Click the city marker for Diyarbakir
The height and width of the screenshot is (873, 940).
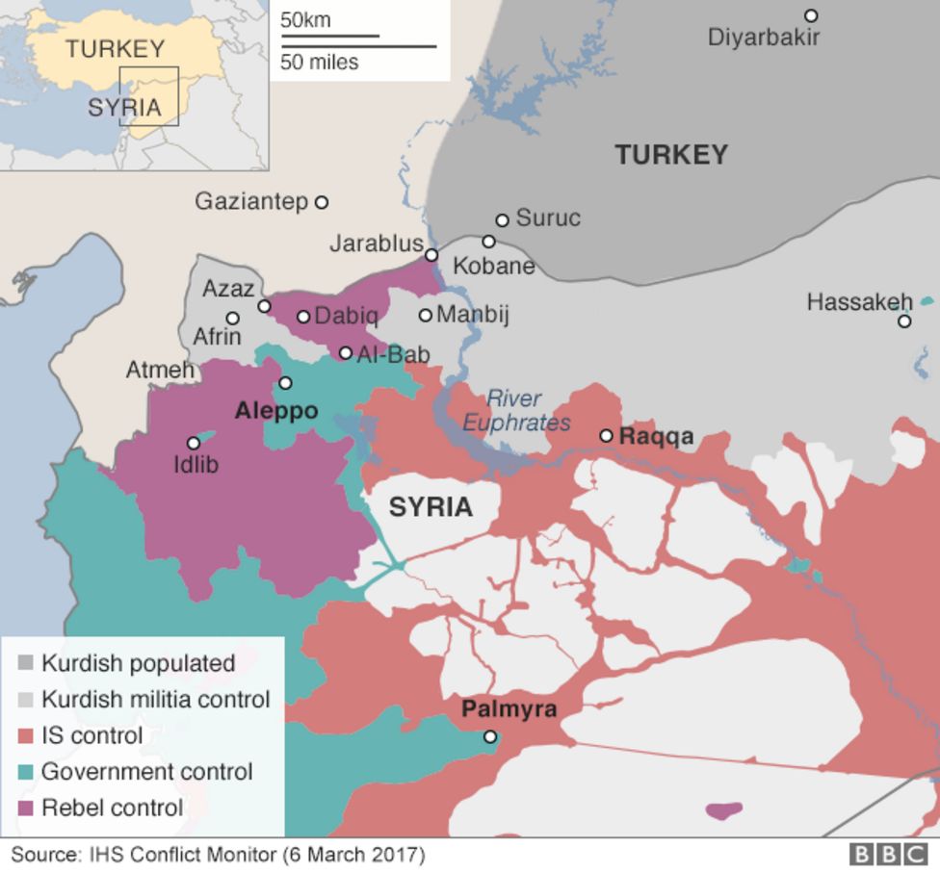[x=811, y=15]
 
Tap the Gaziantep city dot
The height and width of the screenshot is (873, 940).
[x=322, y=202]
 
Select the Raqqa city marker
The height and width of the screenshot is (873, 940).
[x=606, y=436]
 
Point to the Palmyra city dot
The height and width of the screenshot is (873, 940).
[x=490, y=737]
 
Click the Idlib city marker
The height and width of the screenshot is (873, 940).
[x=194, y=444]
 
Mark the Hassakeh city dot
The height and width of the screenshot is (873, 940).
[x=904, y=321]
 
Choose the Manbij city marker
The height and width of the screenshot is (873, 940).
[x=425, y=315]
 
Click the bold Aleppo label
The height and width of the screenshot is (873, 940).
[x=276, y=411]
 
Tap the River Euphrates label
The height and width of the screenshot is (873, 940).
[x=515, y=410]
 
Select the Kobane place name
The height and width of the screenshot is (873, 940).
[x=493, y=266]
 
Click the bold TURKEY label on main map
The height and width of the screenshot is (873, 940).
[x=671, y=155]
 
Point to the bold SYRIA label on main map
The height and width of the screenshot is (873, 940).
[x=431, y=507]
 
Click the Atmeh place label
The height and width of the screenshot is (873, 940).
[x=160, y=370]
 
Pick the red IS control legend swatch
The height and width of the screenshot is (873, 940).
[x=26, y=736]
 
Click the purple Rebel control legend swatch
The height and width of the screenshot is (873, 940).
[x=26, y=808]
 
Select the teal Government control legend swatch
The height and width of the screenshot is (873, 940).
[x=26, y=772]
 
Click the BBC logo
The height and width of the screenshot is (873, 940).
[x=888, y=854]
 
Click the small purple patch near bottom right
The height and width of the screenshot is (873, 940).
[x=723, y=810]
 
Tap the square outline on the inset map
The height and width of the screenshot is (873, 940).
[x=149, y=96]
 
